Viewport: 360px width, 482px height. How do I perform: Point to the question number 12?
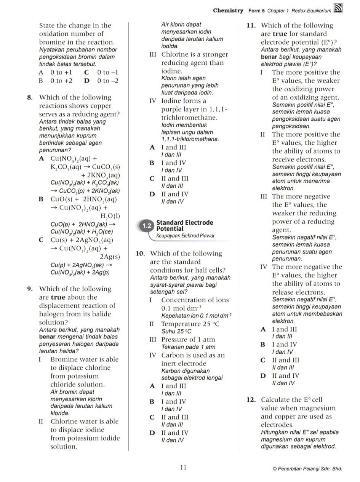pyautogui.click(x=251, y=400)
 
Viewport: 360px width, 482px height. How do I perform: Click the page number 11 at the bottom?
pyautogui.click(x=183, y=468)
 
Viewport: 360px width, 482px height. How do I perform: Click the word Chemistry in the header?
pyautogui.click(x=228, y=11)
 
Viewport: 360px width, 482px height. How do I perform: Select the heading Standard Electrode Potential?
pyautogui.click(x=184, y=225)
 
